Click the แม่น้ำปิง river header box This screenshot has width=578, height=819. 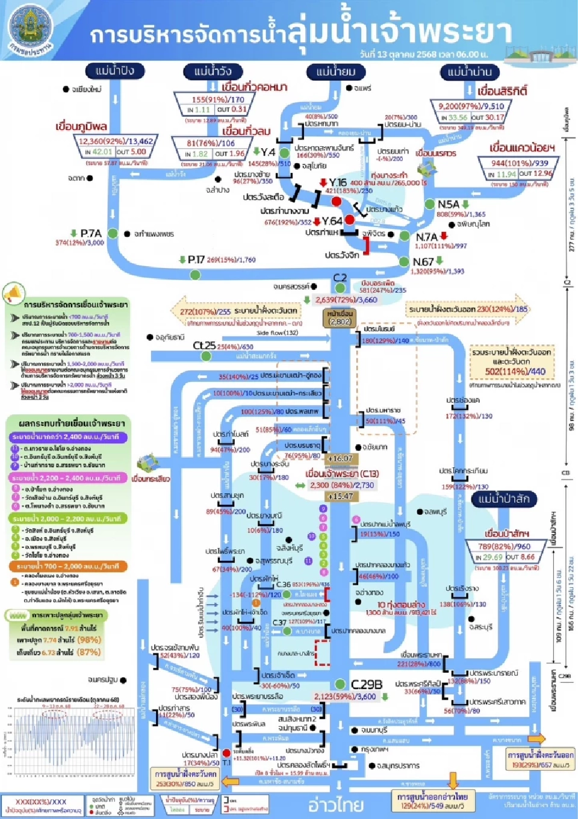coord(114,71)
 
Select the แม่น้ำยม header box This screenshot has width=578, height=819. coord(335,72)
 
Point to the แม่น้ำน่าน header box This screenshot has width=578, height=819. coord(470,72)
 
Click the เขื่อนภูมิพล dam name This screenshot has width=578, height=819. coord(81,126)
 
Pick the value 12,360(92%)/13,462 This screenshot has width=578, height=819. coord(116,141)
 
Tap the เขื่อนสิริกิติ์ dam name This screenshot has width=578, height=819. coord(502,92)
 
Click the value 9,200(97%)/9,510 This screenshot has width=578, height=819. coord(471,106)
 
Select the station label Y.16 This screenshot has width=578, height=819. coord(338,182)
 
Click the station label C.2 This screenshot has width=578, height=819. coord(340,278)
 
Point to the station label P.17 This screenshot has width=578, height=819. coord(196,260)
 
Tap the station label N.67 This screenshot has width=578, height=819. coord(423,262)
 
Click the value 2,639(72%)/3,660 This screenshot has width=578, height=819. coord(346,299)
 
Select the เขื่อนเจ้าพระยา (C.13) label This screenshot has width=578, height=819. coord(341,473)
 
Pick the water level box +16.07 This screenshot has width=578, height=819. coord(340,458)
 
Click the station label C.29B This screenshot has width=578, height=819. coord(366,684)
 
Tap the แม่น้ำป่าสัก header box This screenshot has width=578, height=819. coord(503,499)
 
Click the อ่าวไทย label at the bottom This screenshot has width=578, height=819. coord(335,805)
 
